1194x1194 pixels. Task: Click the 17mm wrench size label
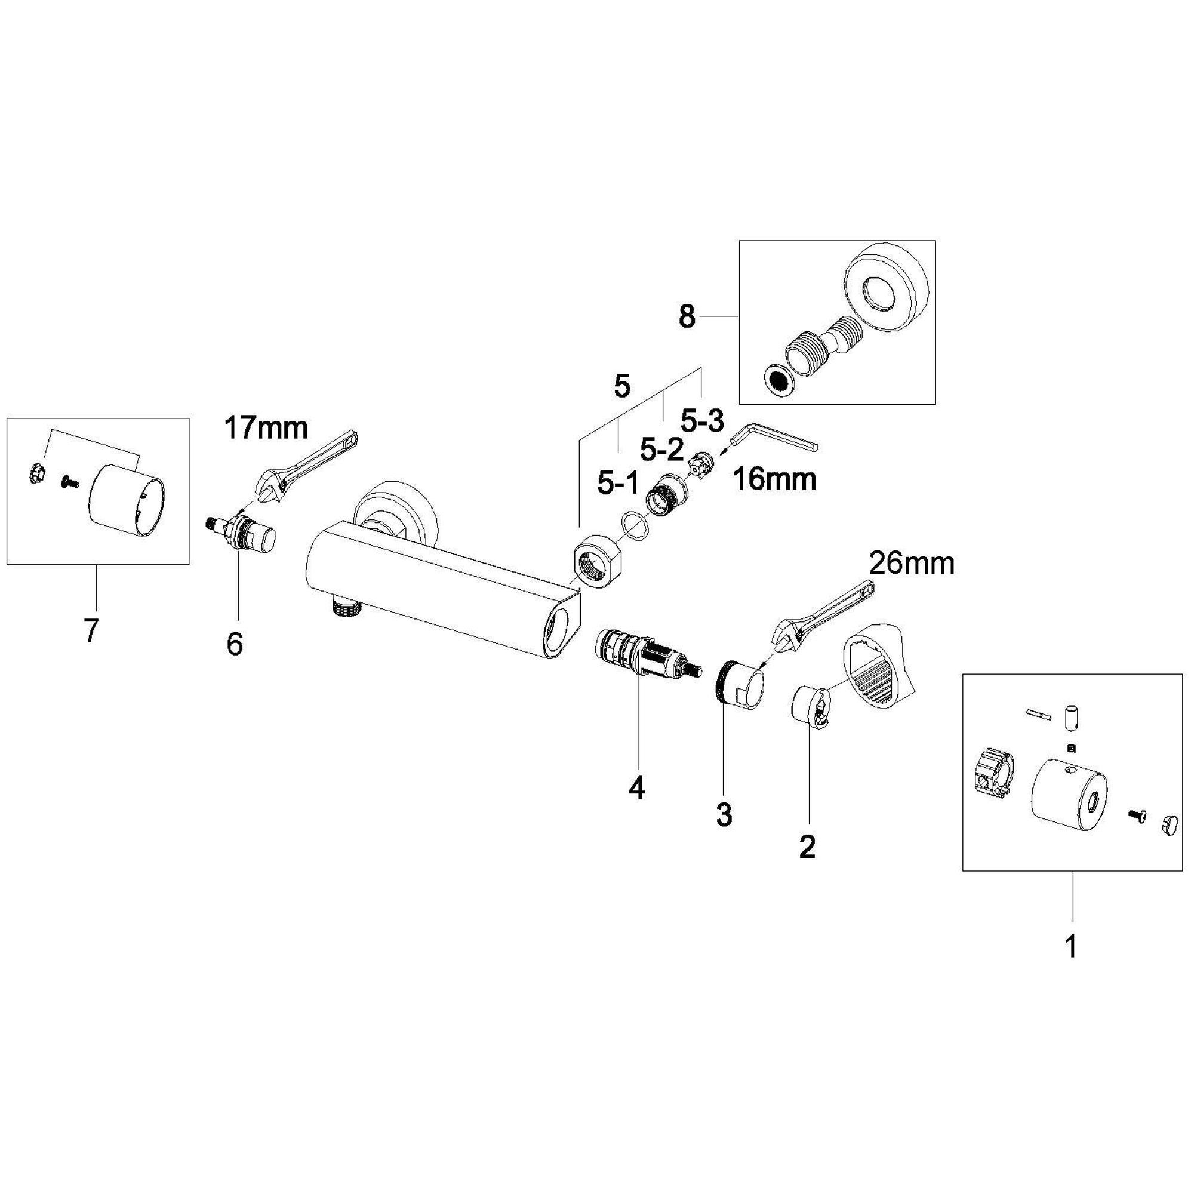pos(266,427)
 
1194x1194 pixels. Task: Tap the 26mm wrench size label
pos(912,564)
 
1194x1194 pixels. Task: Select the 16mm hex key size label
pos(774,479)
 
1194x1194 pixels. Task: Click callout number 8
pos(687,317)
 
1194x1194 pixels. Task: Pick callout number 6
pos(235,644)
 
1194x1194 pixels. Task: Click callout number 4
pos(636,788)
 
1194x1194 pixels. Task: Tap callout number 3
pos(724,814)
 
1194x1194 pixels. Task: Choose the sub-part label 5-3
pos(701,421)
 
